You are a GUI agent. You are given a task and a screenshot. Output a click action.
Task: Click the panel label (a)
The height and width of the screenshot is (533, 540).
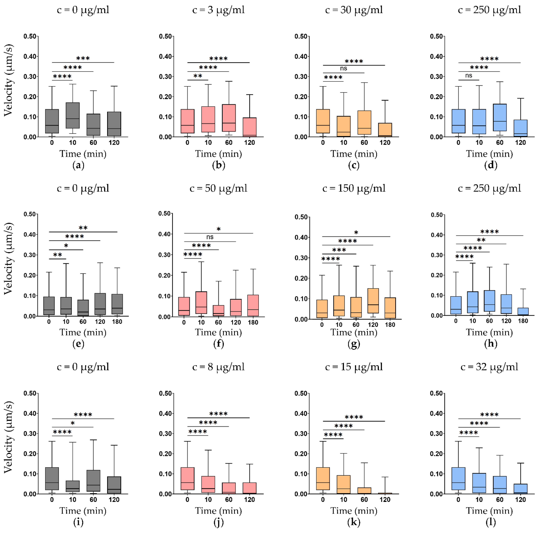click(78, 165)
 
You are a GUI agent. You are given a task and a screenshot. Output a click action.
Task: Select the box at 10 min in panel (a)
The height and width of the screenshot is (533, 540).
click(73, 115)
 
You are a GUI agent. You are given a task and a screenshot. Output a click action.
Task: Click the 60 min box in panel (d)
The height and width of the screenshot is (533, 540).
click(500, 117)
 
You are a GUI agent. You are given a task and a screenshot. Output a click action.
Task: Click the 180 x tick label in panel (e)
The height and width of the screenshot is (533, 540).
click(117, 322)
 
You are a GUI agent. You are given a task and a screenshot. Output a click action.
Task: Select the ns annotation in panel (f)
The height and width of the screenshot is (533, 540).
click(210, 237)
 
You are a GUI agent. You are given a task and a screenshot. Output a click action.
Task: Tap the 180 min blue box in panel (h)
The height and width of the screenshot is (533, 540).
click(523, 311)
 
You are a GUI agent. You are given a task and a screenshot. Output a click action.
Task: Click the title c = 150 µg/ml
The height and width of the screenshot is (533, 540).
click(354, 188)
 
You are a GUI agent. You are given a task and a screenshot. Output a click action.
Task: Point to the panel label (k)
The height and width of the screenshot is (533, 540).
click(354, 522)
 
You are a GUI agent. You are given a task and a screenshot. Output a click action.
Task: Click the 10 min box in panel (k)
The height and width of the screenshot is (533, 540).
click(344, 484)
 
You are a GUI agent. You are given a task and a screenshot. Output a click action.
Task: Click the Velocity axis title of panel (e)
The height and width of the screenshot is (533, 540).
click(8, 259)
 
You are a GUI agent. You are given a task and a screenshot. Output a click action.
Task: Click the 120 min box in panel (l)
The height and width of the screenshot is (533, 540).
click(520, 489)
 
